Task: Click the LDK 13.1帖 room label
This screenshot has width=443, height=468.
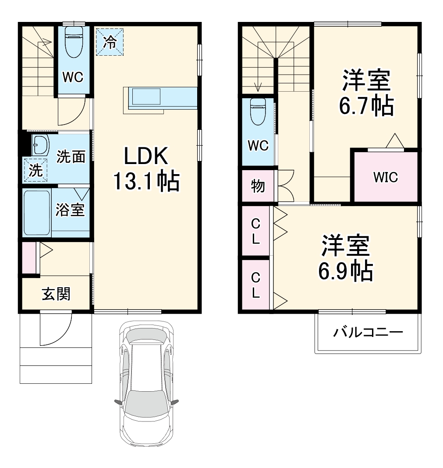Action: [146, 168]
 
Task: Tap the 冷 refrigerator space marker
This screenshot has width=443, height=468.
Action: [110, 42]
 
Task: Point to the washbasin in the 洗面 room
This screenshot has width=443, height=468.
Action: [40, 145]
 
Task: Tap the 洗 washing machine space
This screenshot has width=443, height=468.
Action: [35, 170]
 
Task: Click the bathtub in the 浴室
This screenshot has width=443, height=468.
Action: [37, 213]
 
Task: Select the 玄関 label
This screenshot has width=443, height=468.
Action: [56, 294]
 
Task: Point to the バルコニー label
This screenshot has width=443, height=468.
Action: [368, 332]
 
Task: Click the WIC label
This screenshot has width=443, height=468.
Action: [386, 177]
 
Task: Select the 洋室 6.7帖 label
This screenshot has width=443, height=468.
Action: [366, 93]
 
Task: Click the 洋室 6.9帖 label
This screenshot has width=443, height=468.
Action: [346, 258]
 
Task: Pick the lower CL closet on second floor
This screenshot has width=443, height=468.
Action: [256, 285]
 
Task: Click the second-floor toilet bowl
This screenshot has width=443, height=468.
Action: [258, 111]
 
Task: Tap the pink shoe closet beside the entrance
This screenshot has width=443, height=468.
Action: [29, 257]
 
